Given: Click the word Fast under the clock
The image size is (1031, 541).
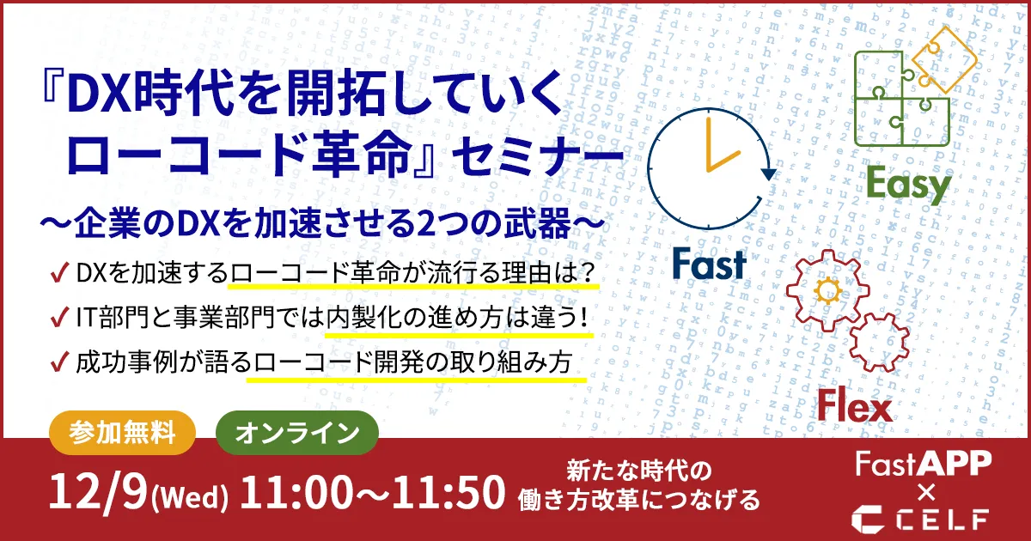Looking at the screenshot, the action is pyautogui.click(x=709, y=264).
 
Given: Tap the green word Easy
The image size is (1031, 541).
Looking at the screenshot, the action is pyautogui.click(x=909, y=185).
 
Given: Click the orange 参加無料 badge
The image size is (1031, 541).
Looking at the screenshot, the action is pyautogui.click(x=122, y=433).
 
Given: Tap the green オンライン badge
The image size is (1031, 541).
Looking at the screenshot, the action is pyautogui.click(x=297, y=433).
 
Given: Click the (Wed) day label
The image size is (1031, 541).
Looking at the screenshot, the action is pyautogui.click(x=190, y=498).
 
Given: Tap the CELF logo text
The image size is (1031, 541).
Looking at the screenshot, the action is pyautogui.click(x=919, y=520).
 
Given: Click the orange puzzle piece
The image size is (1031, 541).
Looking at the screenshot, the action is pyautogui.click(x=943, y=59).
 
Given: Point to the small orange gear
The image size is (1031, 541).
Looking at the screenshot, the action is pyautogui.click(x=828, y=290).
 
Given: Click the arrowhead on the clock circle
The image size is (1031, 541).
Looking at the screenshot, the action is pyautogui.click(x=768, y=173).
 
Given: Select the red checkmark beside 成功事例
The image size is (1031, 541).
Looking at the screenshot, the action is pyautogui.click(x=60, y=362).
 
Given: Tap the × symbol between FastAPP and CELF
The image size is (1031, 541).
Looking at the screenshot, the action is pyautogui.click(x=926, y=493).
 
